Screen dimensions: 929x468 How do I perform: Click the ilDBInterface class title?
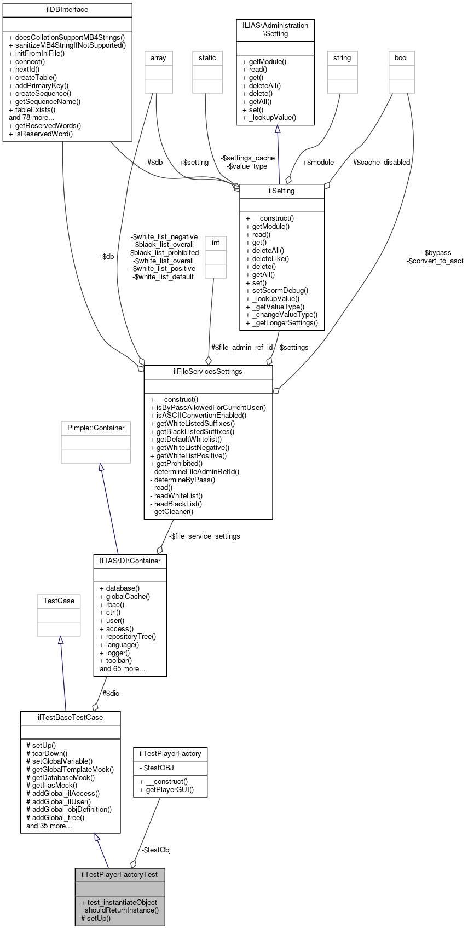[67, 10]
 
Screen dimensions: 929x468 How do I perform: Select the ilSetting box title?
[282, 191]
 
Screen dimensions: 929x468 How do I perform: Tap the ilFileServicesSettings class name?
[208, 372]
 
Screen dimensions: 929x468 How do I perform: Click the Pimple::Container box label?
[96, 428]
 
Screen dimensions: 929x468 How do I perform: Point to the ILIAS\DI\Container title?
[130, 561]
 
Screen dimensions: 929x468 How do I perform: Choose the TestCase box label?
[59, 601]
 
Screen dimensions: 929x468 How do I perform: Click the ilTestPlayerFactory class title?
[170, 754]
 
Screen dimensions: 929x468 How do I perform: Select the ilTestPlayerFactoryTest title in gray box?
[120, 874]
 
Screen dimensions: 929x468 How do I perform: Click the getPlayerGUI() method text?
[166, 789]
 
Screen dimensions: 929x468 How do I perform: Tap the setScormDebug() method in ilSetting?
[277, 291]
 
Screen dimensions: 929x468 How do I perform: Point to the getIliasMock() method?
[51, 785]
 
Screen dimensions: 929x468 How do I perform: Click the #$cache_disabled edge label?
[382, 163]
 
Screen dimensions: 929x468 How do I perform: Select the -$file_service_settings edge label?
[204, 536]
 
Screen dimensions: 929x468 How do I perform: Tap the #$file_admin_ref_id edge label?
[242, 348]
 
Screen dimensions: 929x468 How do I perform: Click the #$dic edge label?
[111, 694]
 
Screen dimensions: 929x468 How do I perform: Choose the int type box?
[216, 243]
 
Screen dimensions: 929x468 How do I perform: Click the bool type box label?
[401, 58]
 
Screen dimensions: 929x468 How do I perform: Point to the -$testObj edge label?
[156, 850]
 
